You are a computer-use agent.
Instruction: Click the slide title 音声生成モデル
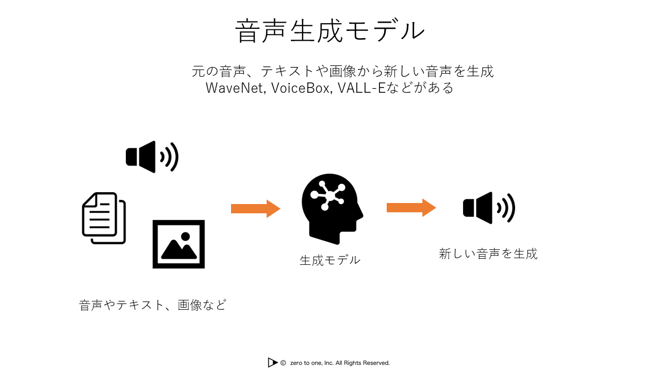330,31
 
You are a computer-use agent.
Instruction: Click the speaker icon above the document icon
152,157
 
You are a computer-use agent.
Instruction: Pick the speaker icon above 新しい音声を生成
488,208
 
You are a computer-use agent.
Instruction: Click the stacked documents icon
104,218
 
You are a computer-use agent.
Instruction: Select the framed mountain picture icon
178,244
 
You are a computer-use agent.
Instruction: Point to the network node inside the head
326,195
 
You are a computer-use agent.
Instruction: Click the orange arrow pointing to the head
255,209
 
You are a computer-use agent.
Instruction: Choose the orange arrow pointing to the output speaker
411,208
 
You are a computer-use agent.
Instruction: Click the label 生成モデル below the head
330,260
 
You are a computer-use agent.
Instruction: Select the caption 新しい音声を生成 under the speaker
488,254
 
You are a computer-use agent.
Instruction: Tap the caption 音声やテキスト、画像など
153,305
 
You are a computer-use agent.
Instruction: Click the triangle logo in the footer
272,363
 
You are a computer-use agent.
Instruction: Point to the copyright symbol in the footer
283,363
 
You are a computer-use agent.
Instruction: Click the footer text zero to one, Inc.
312,363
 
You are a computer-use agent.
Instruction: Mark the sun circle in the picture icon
186,237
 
